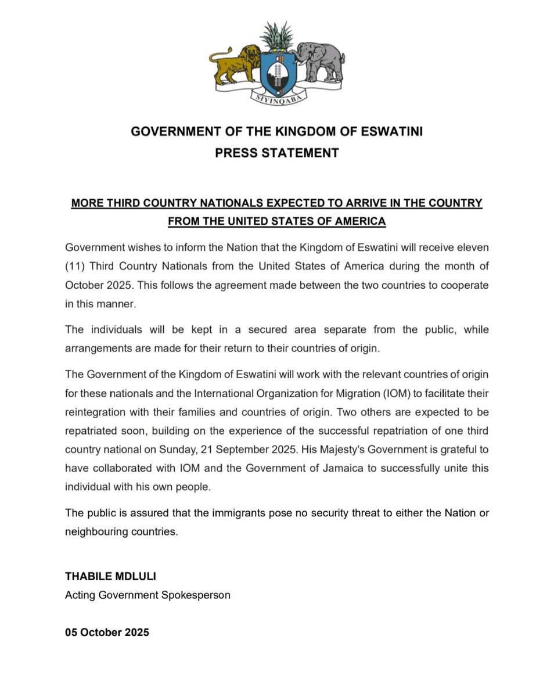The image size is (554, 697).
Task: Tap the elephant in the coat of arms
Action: (x=320, y=61)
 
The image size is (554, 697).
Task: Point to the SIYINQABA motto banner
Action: (x=277, y=99)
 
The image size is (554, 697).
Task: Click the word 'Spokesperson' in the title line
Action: (x=200, y=595)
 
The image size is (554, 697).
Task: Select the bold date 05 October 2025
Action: (x=107, y=633)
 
